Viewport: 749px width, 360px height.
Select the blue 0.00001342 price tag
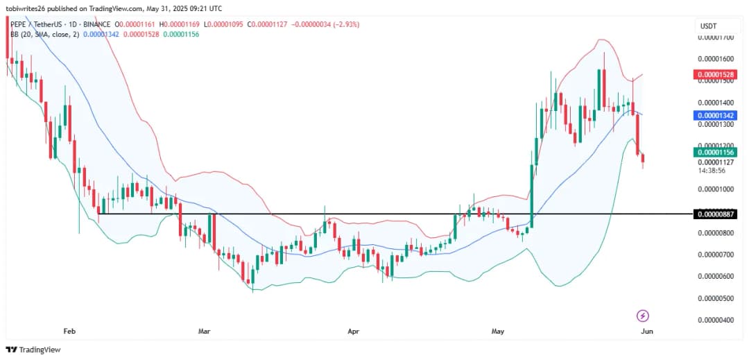pyautogui.click(x=716, y=115)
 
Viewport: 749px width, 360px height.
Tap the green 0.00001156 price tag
pyautogui.click(x=716, y=152)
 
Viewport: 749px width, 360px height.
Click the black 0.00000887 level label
pyautogui.click(x=716, y=214)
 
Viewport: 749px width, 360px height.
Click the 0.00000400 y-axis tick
pyautogui.click(x=716, y=320)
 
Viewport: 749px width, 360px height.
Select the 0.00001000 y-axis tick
pyautogui.click(x=716, y=189)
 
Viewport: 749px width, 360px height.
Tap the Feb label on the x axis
pyautogui.click(x=69, y=332)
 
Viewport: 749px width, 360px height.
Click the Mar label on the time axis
pyautogui.click(x=204, y=332)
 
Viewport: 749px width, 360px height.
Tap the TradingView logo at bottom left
pyautogui.click(x=35, y=350)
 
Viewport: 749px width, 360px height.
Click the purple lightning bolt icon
pyautogui.click(x=642, y=316)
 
